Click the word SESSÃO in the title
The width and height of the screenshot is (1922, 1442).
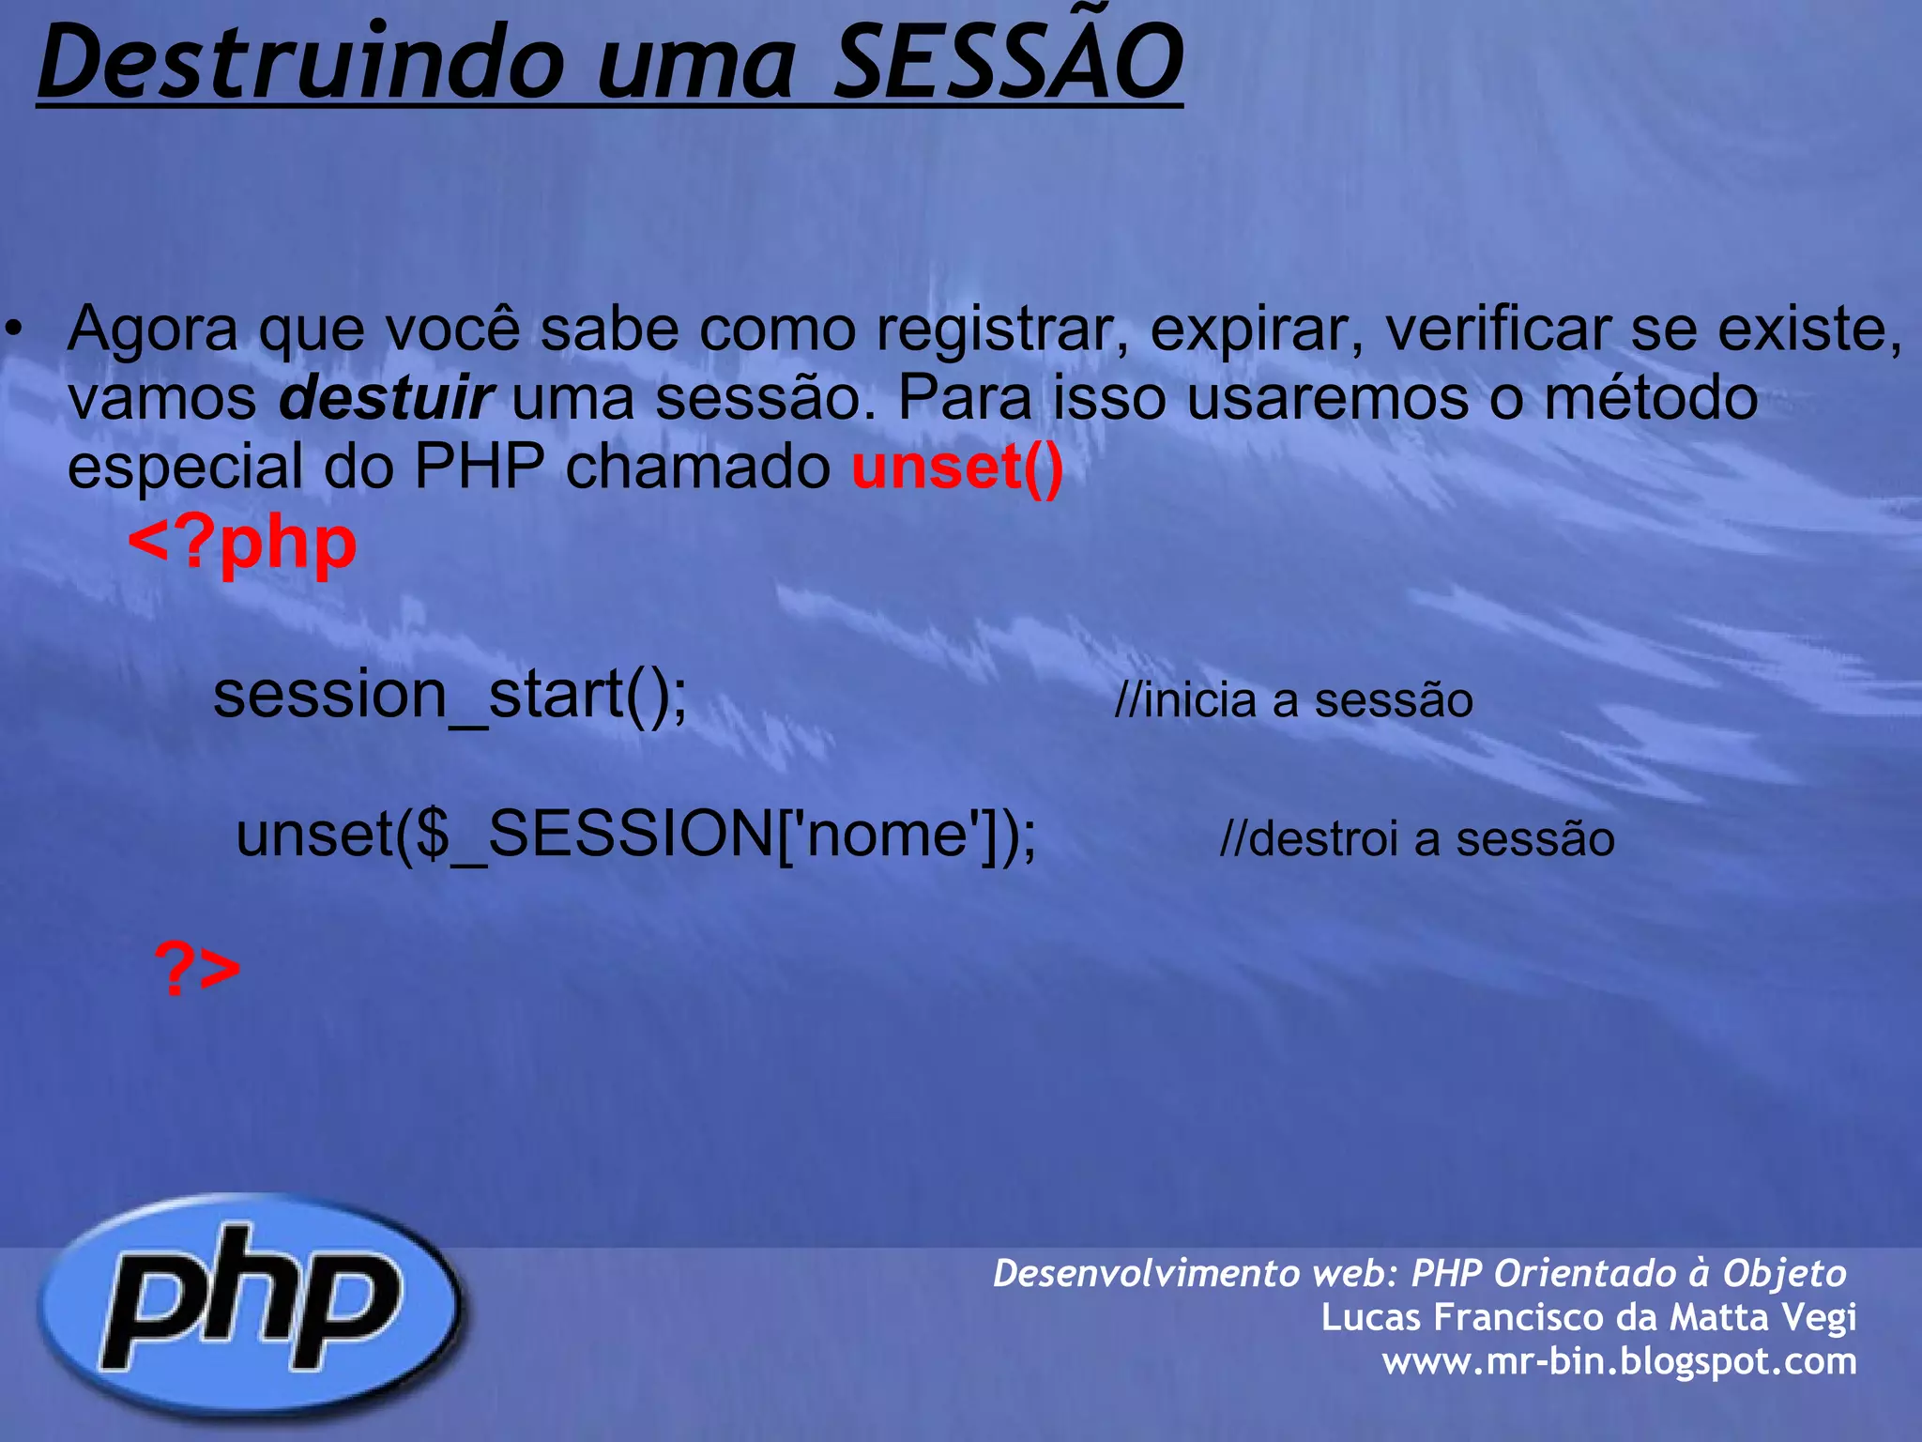pos(1008,64)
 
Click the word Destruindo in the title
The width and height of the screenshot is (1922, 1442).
pos(300,64)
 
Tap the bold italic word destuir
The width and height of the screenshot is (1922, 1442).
pos(386,398)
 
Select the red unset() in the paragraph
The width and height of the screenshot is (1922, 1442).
pos(957,467)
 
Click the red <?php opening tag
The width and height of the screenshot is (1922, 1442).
pos(242,545)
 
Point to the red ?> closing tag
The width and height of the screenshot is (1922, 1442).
pos(197,969)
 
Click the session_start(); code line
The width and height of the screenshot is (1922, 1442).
pos(450,695)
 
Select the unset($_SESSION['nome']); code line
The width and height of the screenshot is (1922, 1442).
pos(636,834)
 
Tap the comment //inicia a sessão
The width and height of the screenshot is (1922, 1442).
pos(1293,700)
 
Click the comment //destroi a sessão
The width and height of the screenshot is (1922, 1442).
pos(1417,838)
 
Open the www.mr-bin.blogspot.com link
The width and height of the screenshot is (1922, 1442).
pos(1619,1360)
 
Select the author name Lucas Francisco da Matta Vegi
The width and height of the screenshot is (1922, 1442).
pos(1588,1316)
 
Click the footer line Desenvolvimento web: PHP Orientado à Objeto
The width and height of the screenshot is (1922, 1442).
pos(1419,1273)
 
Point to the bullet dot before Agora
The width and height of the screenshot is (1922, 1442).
pos(12,330)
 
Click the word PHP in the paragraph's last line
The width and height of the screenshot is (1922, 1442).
pos(479,467)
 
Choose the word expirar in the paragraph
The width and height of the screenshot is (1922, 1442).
pos(1258,330)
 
